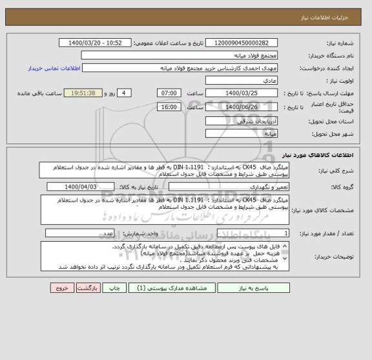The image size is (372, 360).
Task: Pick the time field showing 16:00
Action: [169, 107]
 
